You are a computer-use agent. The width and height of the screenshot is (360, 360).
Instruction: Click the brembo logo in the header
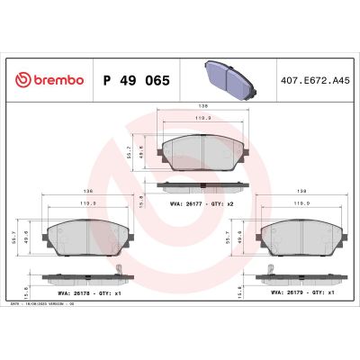pos(47,80)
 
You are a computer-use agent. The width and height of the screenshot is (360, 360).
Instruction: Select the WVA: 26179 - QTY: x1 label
pos(298,292)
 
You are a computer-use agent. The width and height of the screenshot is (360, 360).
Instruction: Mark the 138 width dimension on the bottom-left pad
pos(86,190)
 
